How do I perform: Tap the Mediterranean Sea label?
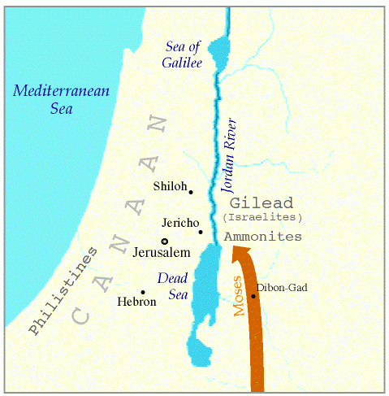coord(49,100)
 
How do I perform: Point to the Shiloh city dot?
coord(191,192)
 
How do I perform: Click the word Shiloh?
coord(169,187)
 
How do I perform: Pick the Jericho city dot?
coord(201,232)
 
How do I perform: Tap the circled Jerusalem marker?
coord(164,241)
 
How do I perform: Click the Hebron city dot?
coord(143,292)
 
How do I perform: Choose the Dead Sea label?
coord(172,286)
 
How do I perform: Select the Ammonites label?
coord(263,236)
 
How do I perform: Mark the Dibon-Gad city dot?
coord(253,296)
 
